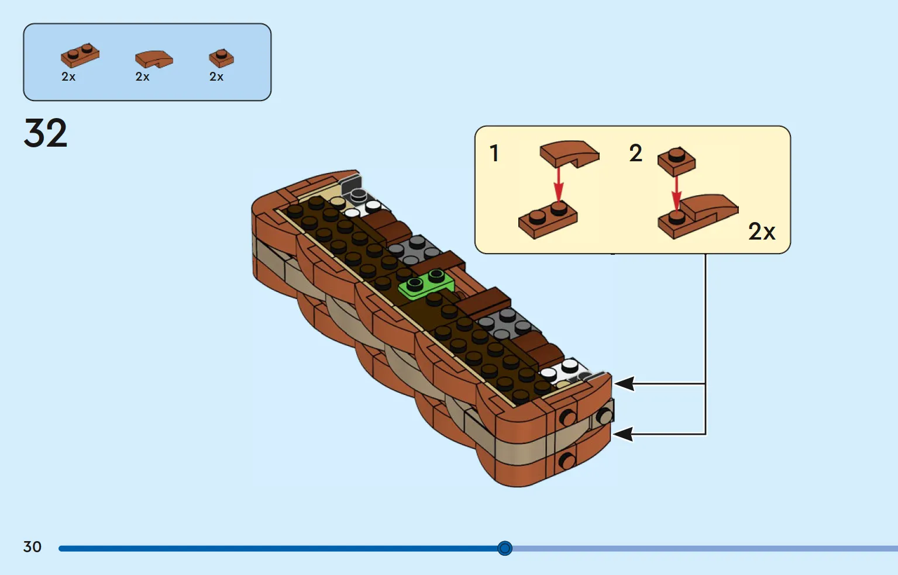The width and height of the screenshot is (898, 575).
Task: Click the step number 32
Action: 45,133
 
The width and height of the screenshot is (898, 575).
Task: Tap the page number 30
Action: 32,546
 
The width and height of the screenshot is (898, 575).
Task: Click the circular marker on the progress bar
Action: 505,548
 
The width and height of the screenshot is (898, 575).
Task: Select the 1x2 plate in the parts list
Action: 80,55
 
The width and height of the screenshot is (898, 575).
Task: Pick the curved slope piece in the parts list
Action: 154,59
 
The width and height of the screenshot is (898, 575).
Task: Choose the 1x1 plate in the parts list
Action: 221,58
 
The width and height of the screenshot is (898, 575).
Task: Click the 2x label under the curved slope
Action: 142,77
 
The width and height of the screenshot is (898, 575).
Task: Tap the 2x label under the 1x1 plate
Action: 216,77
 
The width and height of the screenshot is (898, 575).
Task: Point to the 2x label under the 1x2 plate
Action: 68,77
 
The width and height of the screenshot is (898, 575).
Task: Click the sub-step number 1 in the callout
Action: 494,153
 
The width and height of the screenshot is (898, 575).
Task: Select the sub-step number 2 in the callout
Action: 636,153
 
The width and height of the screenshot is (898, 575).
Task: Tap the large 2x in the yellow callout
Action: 762,231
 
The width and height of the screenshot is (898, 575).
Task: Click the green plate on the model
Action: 426,284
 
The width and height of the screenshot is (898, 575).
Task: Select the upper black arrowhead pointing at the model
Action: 624,383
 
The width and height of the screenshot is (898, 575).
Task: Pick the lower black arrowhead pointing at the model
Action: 624,434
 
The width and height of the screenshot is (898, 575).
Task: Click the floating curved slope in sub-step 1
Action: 569,154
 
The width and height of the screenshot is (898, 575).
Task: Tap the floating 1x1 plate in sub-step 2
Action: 677,161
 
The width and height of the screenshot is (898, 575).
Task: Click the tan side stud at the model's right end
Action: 604,417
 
